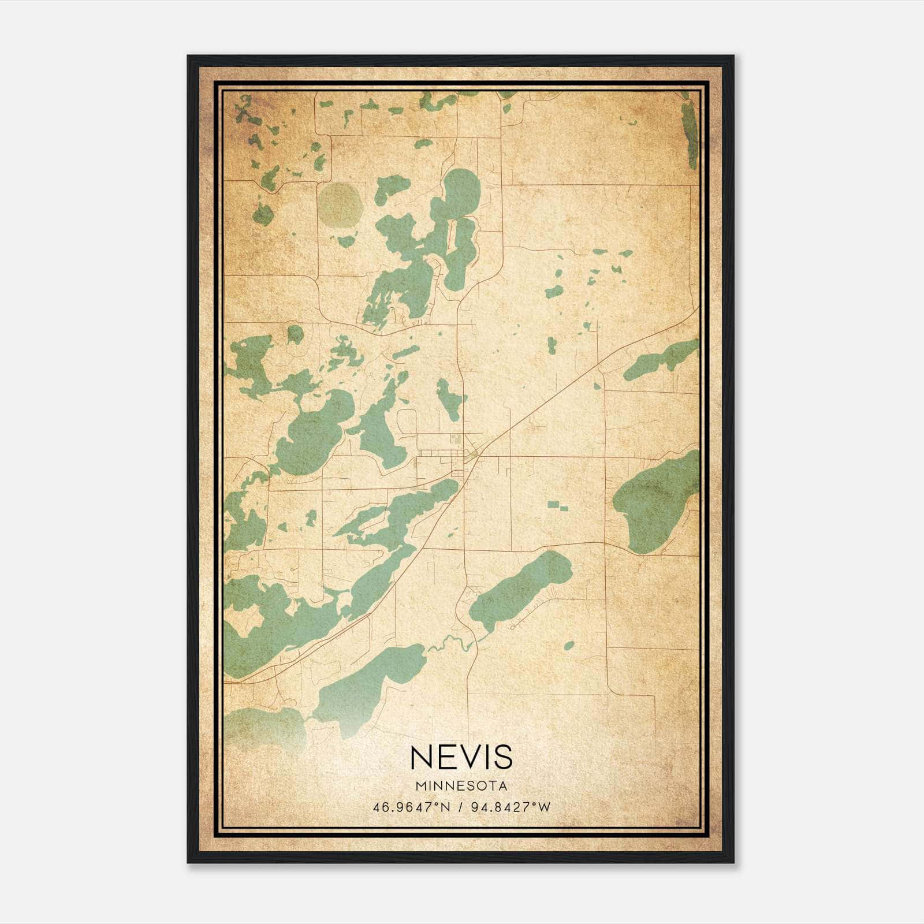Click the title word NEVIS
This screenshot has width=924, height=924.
461,757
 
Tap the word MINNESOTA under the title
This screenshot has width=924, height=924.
461,786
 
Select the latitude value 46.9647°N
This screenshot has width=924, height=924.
411,807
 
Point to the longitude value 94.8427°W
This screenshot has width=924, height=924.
511,807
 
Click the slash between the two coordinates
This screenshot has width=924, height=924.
460,807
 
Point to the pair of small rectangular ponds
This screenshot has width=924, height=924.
557,506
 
